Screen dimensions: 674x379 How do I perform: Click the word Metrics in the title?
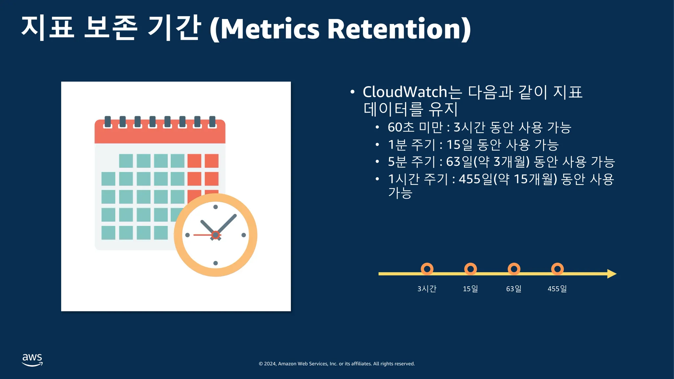click(x=270, y=29)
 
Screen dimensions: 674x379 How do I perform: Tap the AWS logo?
click(x=32, y=360)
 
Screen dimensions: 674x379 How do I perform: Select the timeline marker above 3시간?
click(x=427, y=269)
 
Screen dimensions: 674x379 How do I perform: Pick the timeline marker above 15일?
click(x=470, y=269)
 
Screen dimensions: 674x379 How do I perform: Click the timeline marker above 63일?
click(x=514, y=269)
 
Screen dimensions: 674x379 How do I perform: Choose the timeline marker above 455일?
click(x=557, y=269)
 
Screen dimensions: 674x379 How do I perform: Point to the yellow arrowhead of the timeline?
click(x=612, y=274)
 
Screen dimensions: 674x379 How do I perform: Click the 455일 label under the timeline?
click(x=557, y=289)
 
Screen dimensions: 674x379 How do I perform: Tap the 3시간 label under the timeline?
click(x=427, y=289)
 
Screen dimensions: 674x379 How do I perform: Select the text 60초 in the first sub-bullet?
click(x=401, y=127)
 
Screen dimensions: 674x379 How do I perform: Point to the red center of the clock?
click(x=216, y=235)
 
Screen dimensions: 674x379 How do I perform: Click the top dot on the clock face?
click(x=216, y=207)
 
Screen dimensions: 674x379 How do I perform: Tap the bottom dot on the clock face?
click(x=216, y=263)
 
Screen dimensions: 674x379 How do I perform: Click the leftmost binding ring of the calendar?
click(x=108, y=122)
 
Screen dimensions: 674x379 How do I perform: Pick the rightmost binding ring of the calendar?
click(x=212, y=122)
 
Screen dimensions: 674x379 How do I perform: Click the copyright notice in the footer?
click(x=337, y=364)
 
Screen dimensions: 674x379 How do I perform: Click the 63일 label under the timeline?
click(x=514, y=289)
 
